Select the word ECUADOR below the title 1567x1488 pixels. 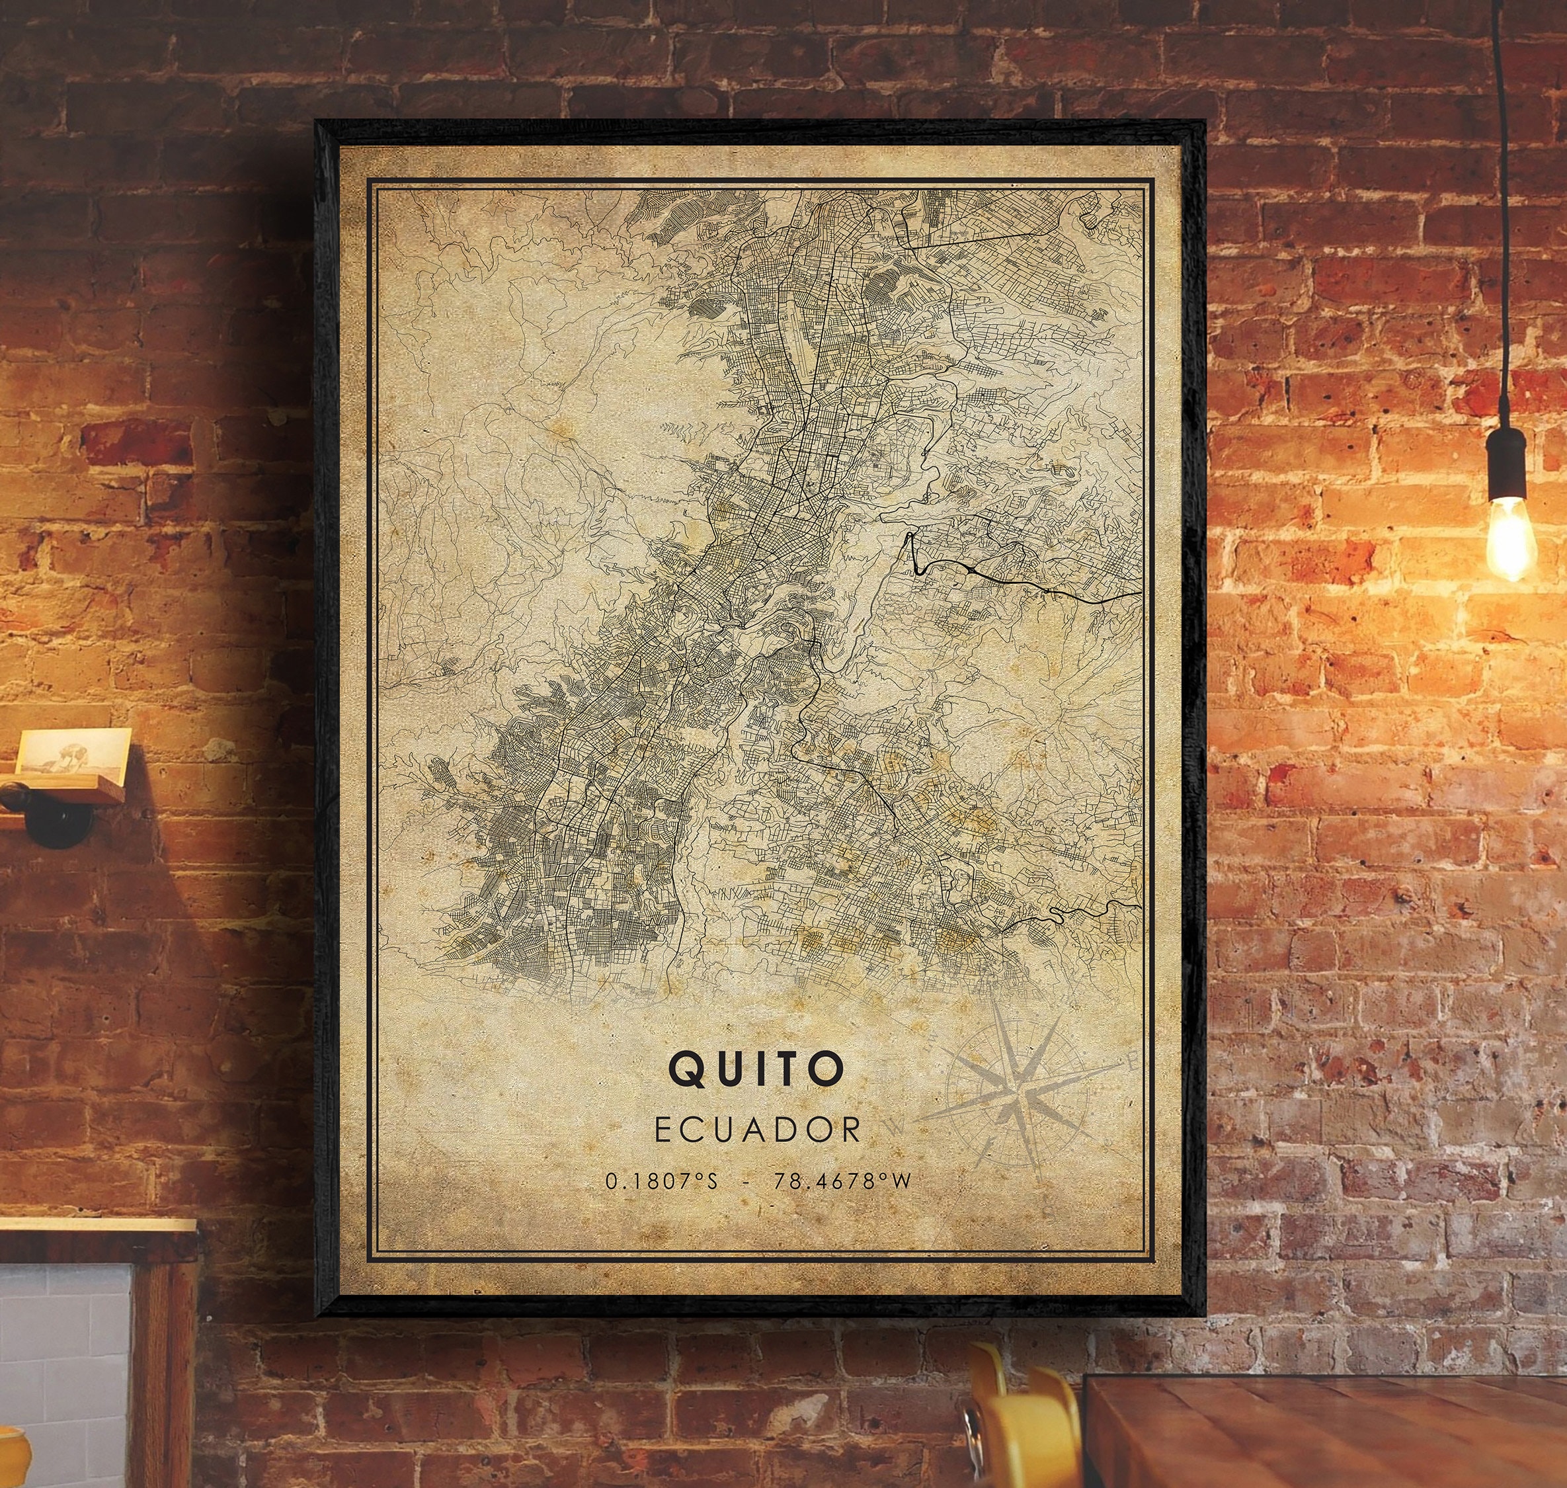(x=757, y=1130)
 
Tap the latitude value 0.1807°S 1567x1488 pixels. (x=661, y=1181)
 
